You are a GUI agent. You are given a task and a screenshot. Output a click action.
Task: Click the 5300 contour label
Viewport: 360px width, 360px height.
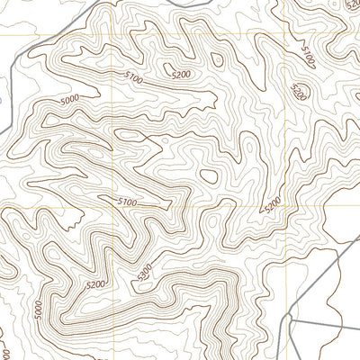tap(146, 273)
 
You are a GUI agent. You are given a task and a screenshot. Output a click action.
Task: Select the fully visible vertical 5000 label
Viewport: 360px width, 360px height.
tap(37, 309)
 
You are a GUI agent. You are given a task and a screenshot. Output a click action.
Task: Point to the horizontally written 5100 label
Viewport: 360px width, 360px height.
tap(126, 202)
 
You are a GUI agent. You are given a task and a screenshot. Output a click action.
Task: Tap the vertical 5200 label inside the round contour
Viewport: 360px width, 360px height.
tap(300, 91)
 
